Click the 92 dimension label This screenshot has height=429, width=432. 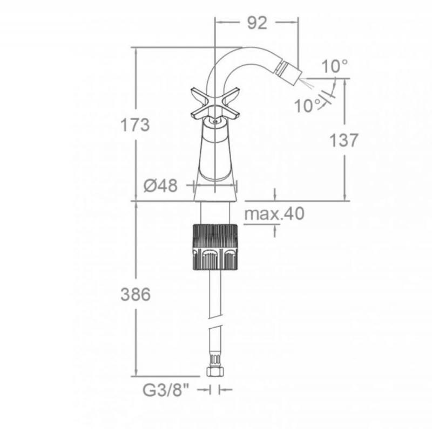(x=257, y=23)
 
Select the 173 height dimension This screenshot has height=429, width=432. (x=135, y=124)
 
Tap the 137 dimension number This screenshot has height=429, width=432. (x=343, y=140)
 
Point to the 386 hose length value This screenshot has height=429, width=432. (x=136, y=294)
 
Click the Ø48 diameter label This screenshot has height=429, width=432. (x=160, y=185)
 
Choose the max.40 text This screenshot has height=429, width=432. (x=274, y=213)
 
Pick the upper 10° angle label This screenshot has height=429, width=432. (x=334, y=66)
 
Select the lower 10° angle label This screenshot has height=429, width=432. (x=307, y=105)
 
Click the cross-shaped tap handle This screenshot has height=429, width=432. (x=215, y=103)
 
